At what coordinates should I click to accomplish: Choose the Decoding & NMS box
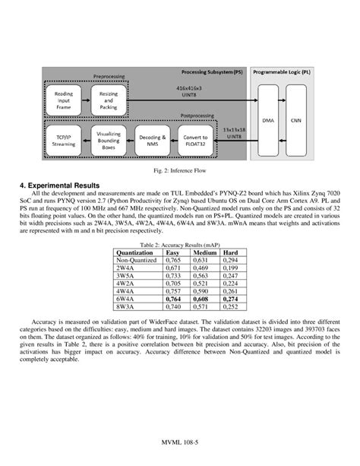[154, 141]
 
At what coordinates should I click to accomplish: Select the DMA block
[268, 120]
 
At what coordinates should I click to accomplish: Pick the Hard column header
[231, 252]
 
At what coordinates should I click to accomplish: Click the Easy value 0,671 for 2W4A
[175, 268]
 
